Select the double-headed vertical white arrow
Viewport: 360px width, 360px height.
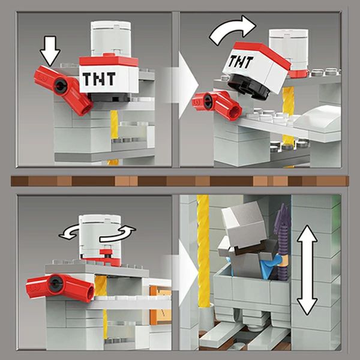[x=307, y=270]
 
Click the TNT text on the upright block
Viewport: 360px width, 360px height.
[x=99, y=79]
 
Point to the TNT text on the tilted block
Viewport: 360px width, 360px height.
[x=241, y=62]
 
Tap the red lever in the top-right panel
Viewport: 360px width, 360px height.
[x=217, y=104]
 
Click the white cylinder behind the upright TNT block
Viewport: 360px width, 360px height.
[x=110, y=38]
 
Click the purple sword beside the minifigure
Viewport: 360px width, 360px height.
[x=283, y=241]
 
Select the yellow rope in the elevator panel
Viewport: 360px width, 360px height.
[x=203, y=250]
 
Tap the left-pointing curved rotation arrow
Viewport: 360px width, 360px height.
[x=69, y=232]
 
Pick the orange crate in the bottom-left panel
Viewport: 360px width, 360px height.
[x=161, y=304]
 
